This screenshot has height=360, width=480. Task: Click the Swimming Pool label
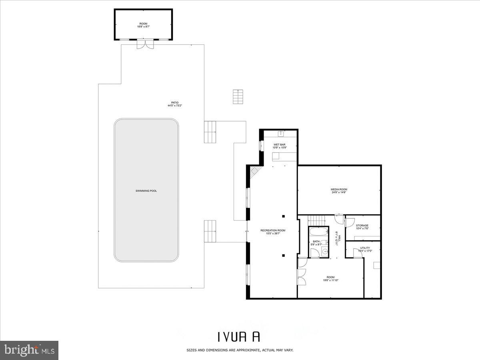pos(146,191)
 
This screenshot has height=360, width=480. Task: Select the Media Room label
pos(339,189)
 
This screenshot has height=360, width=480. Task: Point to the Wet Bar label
pos(279,144)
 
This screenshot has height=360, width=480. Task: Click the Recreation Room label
pos(273,230)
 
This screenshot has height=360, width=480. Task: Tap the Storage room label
pos(362,226)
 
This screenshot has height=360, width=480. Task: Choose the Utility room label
pos(365,248)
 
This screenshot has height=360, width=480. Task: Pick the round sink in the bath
pos(325,252)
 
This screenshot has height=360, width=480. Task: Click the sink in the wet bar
pos(281,132)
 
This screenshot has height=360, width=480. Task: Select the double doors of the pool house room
pos(145,44)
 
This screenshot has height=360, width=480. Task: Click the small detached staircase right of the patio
pos(238,96)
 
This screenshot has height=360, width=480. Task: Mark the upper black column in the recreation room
pos(283,216)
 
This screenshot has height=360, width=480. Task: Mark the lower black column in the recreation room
pos(283,255)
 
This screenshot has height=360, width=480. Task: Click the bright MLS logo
pos(29,350)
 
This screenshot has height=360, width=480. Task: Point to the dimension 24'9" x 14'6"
pos(339,192)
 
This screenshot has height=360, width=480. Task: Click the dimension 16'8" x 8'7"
pos(143,27)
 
